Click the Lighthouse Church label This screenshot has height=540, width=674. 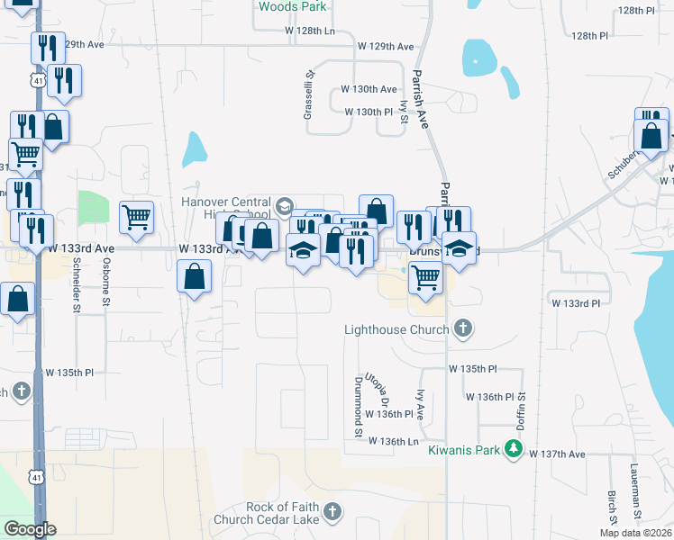pyautogui.click(x=396, y=329)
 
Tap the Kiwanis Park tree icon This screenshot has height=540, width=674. pyautogui.click(x=514, y=447)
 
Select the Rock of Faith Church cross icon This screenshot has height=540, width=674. pyautogui.click(x=332, y=513)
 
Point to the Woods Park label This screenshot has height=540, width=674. pyautogui.click(x=292, y=6)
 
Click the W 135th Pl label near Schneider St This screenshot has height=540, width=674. pyautogui.click(x=69, y=372)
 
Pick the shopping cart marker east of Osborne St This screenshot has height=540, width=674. pyautogui.click(x=136, y=216)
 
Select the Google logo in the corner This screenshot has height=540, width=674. pyautogui.click(x=29, y=529)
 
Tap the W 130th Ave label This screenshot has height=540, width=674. pyautogui.click(x=369, y=89)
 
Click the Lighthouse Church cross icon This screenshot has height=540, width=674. pyautogui.click(x=462, y=328)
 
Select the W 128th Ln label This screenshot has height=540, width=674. pyautogui.click(x=309, y=31)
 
